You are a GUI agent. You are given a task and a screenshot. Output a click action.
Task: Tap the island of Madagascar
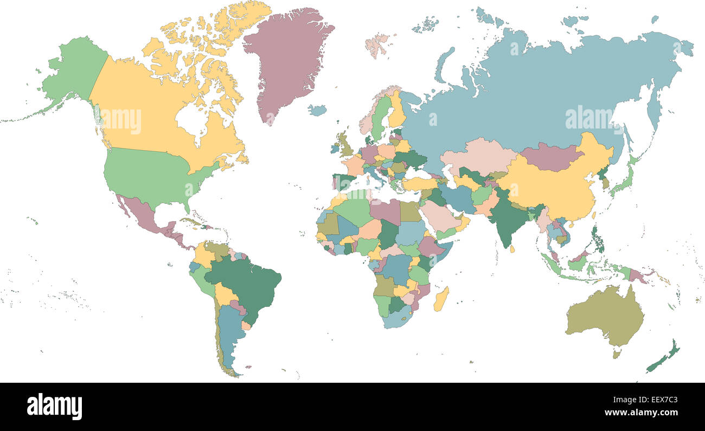tap(441, 299)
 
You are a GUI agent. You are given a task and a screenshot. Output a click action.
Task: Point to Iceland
tap(317, 110)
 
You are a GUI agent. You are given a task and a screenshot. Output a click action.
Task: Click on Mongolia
tap(550, 156)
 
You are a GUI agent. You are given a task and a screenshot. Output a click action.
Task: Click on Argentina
tap(230, 336)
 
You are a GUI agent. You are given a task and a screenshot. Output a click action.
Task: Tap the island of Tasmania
tap(617, 354)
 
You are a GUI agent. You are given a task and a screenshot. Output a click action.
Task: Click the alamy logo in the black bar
tap(54, 406)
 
